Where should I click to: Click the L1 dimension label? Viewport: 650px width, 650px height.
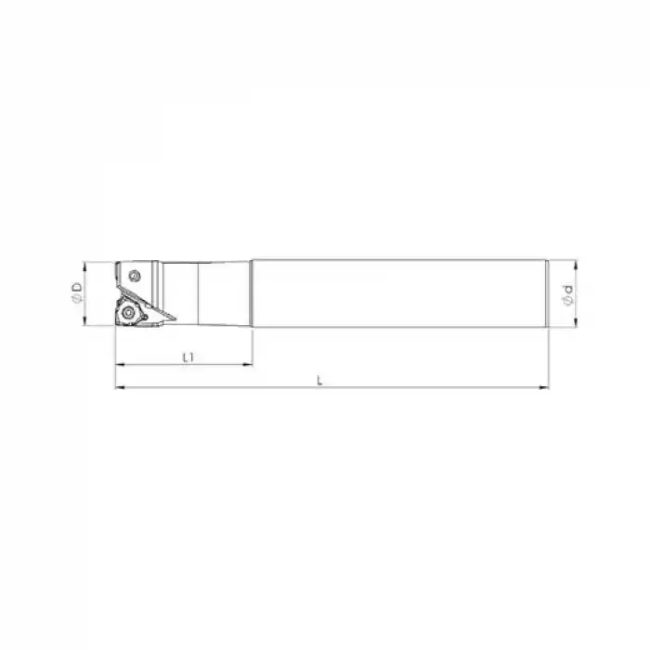pos(188,356)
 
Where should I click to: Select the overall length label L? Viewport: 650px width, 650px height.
pos(319,379)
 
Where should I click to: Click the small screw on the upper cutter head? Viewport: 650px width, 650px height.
pos(136,274)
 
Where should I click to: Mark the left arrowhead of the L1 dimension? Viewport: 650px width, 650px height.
pos(119,364)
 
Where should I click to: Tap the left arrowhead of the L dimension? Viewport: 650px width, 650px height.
pos(119,387)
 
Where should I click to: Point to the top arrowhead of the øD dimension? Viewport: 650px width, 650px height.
pos(85,264)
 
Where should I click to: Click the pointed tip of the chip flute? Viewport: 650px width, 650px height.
pos(175,318)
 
